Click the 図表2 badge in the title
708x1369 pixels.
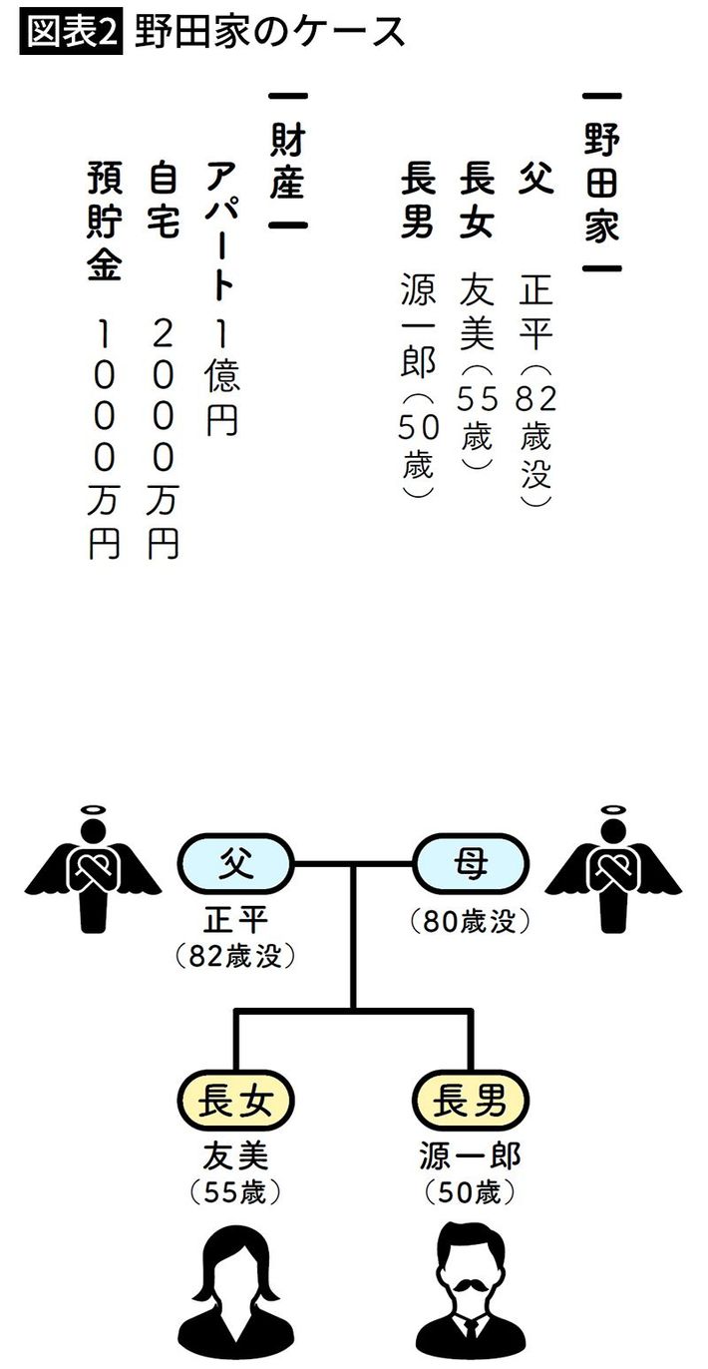pyautogui.click(x=70, y=33)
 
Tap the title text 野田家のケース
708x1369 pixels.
pyautogui.click(x=263, y=33)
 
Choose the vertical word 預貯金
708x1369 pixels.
pyautogui.click(x=104, y=224)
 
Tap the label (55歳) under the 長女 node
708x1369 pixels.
pyautogui.click(x=235, y=1191)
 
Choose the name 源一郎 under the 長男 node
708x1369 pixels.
pyautogui.click(x=470, y=1157)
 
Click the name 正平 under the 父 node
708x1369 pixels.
pyautogui.click(x=235, y=918)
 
